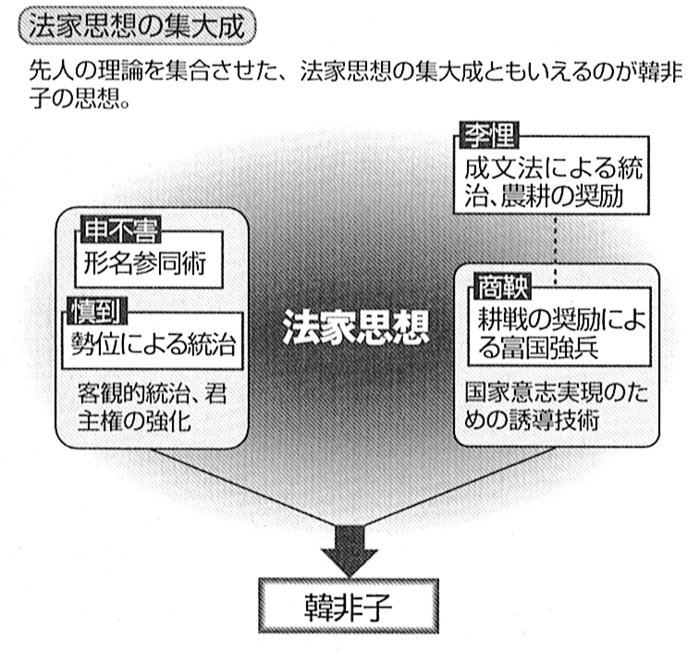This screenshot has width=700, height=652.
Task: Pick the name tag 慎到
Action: pos(96,311)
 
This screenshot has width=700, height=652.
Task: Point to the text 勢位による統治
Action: pos(153,343)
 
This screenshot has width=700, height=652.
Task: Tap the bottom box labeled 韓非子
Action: pos(348,607)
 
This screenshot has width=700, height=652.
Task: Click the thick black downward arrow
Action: pos(349,549)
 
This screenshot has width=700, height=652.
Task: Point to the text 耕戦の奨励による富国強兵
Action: pos(560,334)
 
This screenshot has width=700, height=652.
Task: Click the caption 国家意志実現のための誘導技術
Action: pos(556,408)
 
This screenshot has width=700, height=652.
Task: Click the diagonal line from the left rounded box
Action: pos(242,484)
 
